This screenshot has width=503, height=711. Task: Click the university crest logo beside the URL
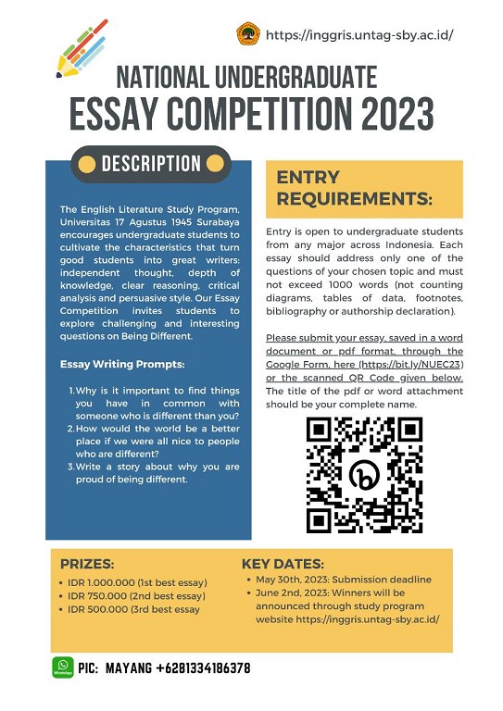coord(248,35)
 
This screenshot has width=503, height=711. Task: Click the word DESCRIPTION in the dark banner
coord(151,165)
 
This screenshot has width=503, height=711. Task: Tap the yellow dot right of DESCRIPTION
coord(215,165)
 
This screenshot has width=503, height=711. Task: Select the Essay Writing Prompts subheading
coord(116,364)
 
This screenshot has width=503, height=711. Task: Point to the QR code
coord(364,474)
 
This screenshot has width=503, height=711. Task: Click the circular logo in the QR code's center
coord(364,475)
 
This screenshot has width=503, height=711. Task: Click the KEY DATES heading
coord(283,564)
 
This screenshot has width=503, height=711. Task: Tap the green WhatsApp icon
coord(63,667)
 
